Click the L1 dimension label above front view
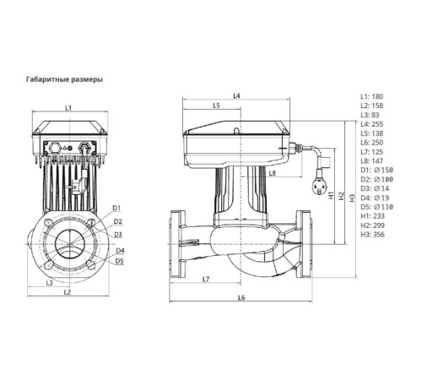(68, 108)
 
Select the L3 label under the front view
(50, 283)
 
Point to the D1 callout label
(118, 207)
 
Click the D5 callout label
(120, 261)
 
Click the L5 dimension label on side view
(215, 106)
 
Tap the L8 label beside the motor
(272, 173)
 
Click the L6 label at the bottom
(241, 298)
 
